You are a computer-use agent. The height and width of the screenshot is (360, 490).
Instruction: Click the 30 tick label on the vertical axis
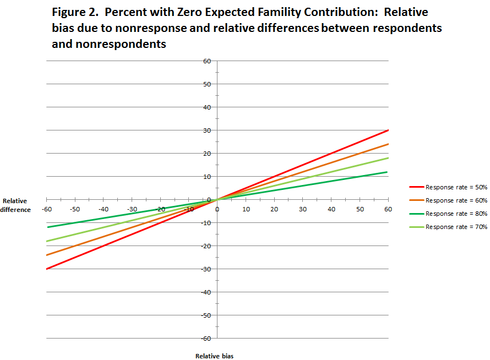click(206, 130)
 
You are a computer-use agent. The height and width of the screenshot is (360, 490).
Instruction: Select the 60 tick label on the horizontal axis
click(388, 209)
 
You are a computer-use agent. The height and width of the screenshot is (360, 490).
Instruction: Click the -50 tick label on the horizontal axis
click(75, 209)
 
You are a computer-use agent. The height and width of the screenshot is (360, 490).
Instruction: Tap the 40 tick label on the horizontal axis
click(331, 209)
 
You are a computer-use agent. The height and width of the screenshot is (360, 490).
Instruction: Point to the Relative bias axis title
click(214, 356)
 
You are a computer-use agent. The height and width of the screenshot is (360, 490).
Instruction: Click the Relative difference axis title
click(15, 205)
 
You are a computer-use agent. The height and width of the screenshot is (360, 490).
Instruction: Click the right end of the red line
click(388, 130)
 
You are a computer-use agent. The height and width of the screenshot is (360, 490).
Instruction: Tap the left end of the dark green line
click(47, 227)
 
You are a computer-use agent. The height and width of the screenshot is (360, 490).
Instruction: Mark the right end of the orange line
click(388, 144)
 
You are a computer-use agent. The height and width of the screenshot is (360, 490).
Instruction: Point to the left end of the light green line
click(47, 241)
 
